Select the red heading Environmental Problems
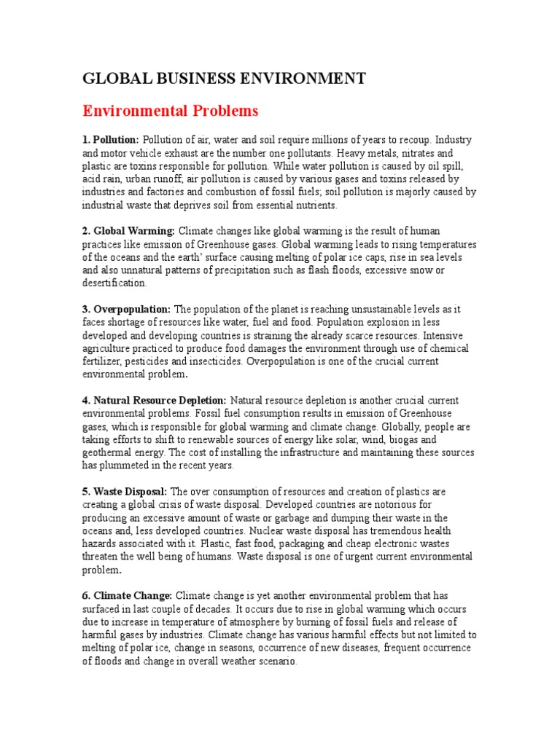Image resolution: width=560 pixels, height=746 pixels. pos(170,111)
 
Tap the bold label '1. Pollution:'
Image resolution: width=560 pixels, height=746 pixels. pos(110,140)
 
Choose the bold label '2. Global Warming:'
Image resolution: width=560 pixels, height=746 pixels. pos(128,232)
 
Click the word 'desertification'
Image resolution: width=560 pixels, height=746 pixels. pos(114,284)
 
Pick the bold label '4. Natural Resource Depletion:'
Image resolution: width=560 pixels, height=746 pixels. pos(154,401)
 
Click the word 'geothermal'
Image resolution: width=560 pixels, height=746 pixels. pos(112,453)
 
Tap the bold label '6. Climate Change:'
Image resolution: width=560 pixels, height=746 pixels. pos(127,597)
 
